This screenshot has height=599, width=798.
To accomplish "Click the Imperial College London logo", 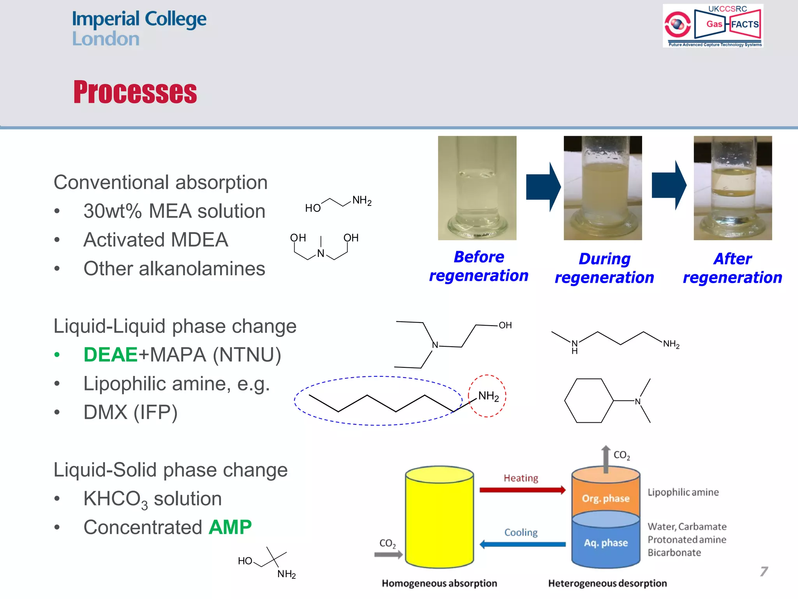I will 139,28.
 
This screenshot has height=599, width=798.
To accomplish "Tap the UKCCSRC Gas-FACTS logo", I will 713,26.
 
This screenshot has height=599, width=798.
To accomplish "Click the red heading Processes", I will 135,92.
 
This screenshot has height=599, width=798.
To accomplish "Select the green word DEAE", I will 111,354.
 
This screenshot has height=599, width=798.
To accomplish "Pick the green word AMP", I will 230,527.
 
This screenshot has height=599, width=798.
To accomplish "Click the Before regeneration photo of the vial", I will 477,188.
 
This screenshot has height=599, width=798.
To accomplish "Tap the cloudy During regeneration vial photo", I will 602,188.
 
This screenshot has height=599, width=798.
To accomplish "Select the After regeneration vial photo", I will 733,188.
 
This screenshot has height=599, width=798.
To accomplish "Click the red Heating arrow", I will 522,490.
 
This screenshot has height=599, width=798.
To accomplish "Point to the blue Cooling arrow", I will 522,544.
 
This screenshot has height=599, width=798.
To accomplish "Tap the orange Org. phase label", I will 606,498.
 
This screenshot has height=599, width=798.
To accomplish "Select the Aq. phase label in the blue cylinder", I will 606,543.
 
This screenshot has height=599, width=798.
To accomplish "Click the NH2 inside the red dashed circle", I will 488,396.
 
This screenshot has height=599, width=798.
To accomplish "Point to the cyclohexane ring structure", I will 589,401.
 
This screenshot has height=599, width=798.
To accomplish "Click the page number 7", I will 764,571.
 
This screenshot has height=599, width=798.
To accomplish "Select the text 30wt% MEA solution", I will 174,211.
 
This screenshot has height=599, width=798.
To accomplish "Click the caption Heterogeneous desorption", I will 607,583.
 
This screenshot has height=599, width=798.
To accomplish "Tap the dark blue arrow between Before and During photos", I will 542,187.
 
